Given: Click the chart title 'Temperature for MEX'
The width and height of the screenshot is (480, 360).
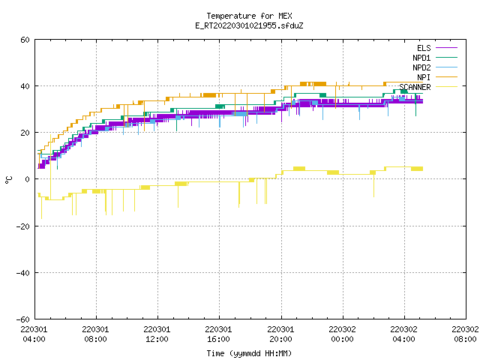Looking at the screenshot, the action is click(249, 16).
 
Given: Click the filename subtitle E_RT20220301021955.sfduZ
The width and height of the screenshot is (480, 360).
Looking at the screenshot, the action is click(249, 25).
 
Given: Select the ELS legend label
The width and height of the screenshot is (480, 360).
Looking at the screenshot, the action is click(424, 48).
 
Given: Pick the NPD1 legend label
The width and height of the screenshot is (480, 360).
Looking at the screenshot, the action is click(421, 58).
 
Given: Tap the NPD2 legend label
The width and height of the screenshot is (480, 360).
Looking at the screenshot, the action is click(421, 67).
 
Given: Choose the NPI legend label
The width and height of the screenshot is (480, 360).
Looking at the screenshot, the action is click(424, 77).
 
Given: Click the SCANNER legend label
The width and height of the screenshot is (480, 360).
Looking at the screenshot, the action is click(415, 87).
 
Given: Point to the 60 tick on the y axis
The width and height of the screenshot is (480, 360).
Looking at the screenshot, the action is click(25, 40).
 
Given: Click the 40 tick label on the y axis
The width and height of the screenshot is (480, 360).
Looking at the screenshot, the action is click(25, 86).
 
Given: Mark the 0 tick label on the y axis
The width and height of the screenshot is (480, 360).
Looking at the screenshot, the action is click(27, 179).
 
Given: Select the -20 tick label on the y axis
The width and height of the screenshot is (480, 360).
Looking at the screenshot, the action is click(23, 226).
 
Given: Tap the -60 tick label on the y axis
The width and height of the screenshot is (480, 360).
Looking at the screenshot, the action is click(23, 319).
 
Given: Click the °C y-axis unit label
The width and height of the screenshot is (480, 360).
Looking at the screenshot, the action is click(8, 180).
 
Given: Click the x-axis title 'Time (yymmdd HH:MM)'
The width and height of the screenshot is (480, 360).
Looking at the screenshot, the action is click(249, 353).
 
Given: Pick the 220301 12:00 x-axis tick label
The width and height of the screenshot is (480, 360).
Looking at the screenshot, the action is click(157, 334).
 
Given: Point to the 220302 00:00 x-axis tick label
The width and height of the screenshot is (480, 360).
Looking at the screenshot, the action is click(342, 334).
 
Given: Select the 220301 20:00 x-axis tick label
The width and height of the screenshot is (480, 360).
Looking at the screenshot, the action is click(280, 334).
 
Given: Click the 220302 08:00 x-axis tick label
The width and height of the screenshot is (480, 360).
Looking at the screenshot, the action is click(465, 334).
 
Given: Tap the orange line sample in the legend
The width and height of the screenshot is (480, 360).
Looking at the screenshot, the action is click(447, 77).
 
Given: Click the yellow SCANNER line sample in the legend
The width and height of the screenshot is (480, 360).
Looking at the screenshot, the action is click(447, 87).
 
